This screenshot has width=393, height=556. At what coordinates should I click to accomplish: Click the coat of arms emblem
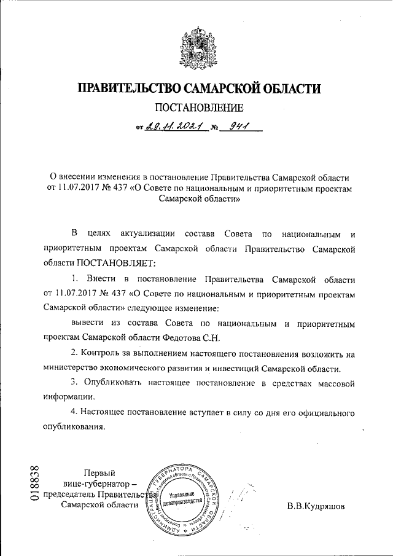tap(196, 46)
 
